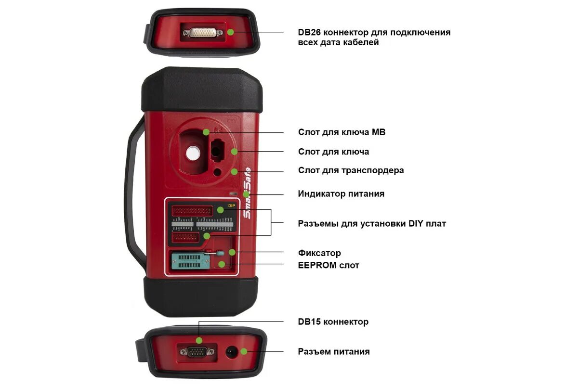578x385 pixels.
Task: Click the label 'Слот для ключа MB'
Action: (x=342, y=132)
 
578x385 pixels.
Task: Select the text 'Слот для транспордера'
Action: (x=351, y=170)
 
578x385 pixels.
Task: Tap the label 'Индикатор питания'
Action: (x=341, y=194)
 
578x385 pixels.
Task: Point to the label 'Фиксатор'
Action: (x=319, y=253)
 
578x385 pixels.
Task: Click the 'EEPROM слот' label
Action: (x=328, y=265)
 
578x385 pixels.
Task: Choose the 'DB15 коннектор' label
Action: (x=333, y=321)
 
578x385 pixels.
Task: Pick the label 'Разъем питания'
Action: (x=334, y=351)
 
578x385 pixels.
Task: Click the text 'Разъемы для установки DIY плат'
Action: (x=372, y=223)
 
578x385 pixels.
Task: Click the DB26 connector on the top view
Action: (x=202, y=32)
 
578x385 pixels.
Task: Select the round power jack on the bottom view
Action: (x=232, y=352)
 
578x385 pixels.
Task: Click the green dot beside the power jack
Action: (x=244, y=352)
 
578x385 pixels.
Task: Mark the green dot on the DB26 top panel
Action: (x=231, y=32)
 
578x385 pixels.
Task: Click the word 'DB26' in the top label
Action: (x=309, y=32)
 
